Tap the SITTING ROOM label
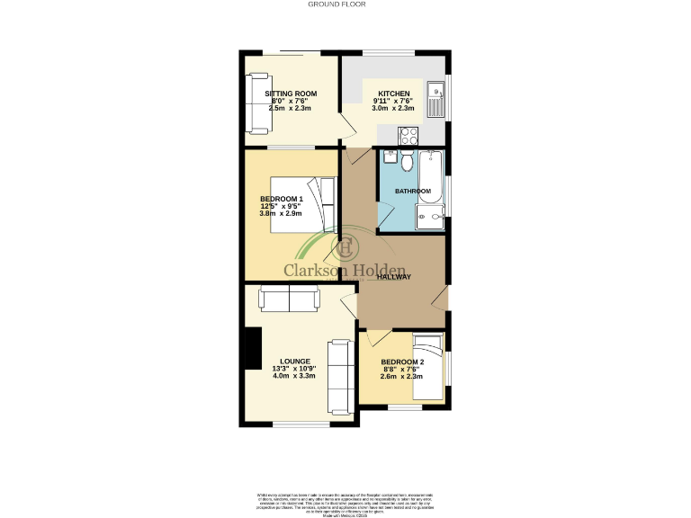coord(291,94)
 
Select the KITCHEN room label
coord(394,94)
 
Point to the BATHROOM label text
coord(413,192)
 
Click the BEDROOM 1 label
coord(281,199)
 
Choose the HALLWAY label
coord(394,277)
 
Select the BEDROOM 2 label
coord(402,362)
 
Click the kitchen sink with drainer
coord(435,99)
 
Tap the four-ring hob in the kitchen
coord(408,136)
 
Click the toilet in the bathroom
coord(407,162)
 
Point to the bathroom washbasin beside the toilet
coord(389,158)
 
